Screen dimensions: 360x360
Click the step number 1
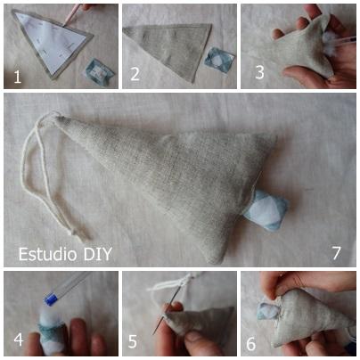18,77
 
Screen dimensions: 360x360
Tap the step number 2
135,74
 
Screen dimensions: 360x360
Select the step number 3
259,72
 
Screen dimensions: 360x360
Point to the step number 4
19,340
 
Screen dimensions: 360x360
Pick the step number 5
133,341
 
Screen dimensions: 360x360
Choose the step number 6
250,344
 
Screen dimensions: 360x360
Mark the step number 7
336,253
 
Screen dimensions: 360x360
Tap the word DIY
98,254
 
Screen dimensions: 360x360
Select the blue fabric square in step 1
100,70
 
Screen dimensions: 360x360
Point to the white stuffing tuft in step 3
331,44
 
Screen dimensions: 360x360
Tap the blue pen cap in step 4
51,299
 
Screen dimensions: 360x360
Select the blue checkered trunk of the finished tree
266,210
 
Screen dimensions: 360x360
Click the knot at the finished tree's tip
56,117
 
